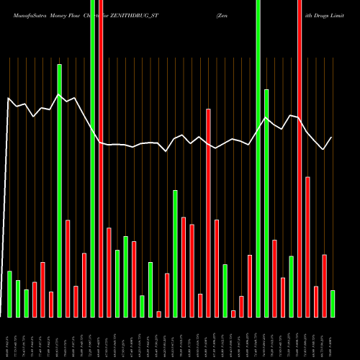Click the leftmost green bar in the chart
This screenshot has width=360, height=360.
[9, 294]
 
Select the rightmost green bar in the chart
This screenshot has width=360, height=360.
[333, 303]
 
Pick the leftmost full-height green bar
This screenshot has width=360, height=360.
[93, 158]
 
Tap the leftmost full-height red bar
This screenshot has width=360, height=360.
[101, 158]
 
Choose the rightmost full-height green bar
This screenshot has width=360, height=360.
[258, 158]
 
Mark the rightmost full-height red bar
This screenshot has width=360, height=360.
[300, 158]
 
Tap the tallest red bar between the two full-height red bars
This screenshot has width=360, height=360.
[209, 212]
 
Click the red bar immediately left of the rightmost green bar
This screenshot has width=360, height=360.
[325, 285]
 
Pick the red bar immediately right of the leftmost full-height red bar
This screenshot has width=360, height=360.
[109, 272]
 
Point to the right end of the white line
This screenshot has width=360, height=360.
[332, 137]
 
